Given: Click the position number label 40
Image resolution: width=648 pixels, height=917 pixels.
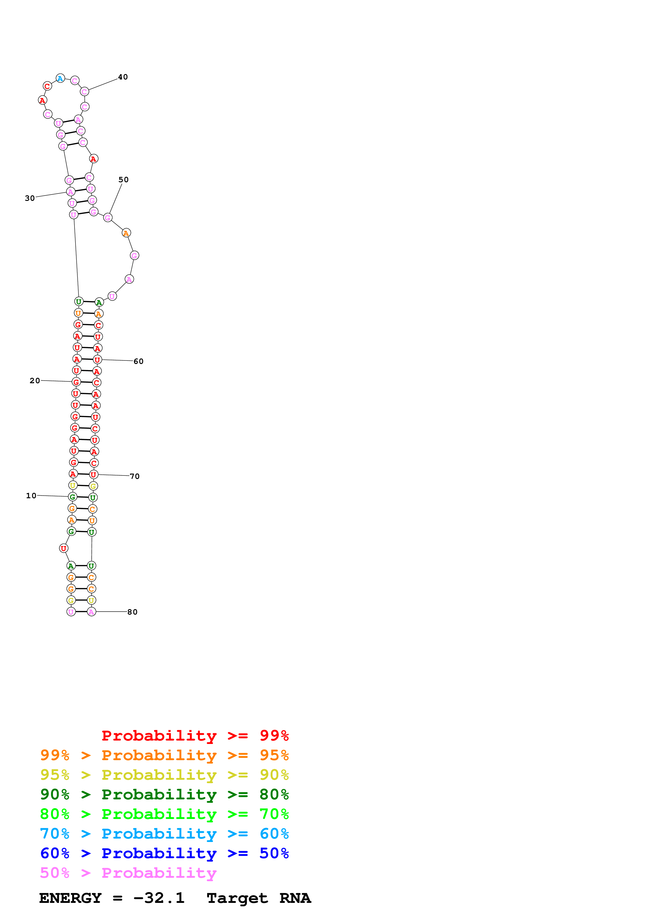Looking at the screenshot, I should click(123, 77).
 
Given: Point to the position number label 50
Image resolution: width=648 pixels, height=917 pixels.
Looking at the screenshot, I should click(124, 180).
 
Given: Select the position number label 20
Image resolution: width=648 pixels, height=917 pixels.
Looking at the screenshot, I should click(35, 381).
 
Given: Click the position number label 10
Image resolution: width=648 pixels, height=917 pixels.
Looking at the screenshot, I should click(31, 496).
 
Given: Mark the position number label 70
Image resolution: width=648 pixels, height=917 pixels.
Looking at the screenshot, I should click(135, 477).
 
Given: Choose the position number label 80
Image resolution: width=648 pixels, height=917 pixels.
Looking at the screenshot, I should click(133, 612).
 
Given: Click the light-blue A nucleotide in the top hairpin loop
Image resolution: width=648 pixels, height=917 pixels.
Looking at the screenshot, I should click(60, 78).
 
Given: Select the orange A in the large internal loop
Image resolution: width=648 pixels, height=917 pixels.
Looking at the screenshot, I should click(126, 233).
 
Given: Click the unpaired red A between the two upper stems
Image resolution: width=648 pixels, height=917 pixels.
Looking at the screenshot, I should click(93, 159).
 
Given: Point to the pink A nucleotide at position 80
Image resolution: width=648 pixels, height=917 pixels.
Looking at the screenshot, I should click(91, 612).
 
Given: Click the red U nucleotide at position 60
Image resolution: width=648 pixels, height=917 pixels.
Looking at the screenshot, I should click(97, 360).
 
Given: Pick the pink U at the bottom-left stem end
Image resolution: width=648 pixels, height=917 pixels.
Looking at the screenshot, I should click(71, 612).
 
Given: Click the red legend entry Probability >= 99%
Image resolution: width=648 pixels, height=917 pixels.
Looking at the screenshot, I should click(195, 736).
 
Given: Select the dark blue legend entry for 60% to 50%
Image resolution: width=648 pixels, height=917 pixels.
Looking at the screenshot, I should click(164, 853).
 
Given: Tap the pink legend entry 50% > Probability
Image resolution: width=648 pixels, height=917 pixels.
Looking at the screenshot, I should click(128, 873).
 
